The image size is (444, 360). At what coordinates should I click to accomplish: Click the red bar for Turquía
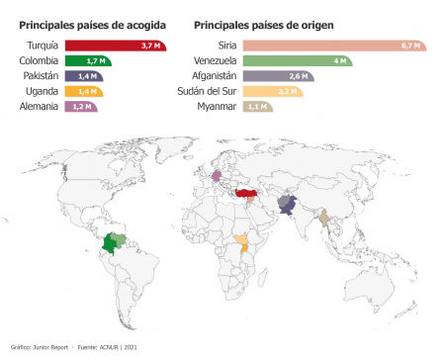(114, 45)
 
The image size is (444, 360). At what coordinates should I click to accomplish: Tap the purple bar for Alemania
(80, 106)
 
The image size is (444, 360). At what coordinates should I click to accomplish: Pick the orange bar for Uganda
(82, 91)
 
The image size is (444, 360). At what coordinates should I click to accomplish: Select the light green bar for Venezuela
(296, 60)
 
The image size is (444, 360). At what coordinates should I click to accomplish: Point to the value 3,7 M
(151, 45)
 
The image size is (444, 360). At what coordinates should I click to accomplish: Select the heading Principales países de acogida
(92, 23)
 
